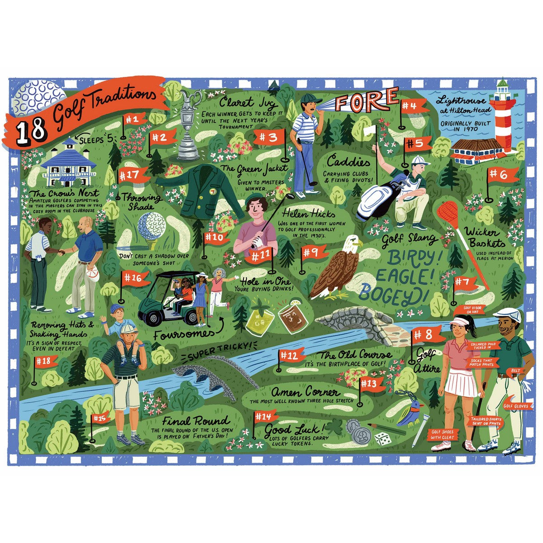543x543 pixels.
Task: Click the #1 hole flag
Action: pos(134,119)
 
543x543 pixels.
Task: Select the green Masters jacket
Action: pos(199,190)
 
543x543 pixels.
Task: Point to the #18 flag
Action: pos(46,361)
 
